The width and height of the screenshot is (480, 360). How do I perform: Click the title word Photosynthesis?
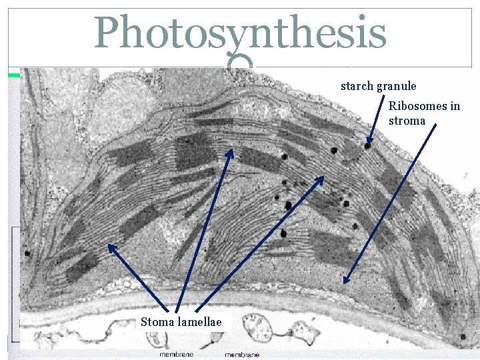[240, 33]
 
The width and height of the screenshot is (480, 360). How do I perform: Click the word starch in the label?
[357, 86]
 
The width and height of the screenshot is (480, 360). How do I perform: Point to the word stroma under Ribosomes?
[407, 121]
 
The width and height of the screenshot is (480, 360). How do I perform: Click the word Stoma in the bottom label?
[156, 323]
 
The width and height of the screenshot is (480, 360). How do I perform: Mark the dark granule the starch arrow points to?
[367, 145]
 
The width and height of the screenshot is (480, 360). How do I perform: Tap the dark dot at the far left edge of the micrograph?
[27, 253]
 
